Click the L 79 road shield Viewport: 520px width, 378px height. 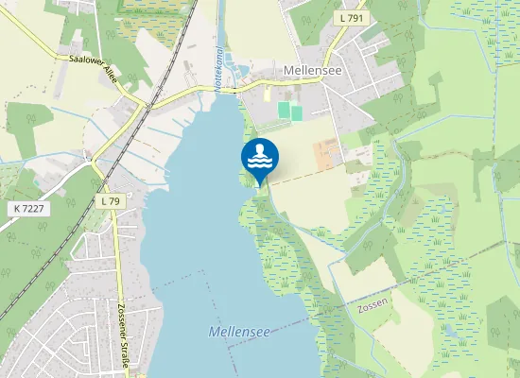coord(110,201)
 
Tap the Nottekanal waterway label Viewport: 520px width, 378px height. coord(217,68)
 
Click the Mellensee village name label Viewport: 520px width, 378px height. coord(313,71)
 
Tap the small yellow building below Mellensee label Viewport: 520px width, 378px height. coord(267,94)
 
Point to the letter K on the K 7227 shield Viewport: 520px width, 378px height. coord(19,207)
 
